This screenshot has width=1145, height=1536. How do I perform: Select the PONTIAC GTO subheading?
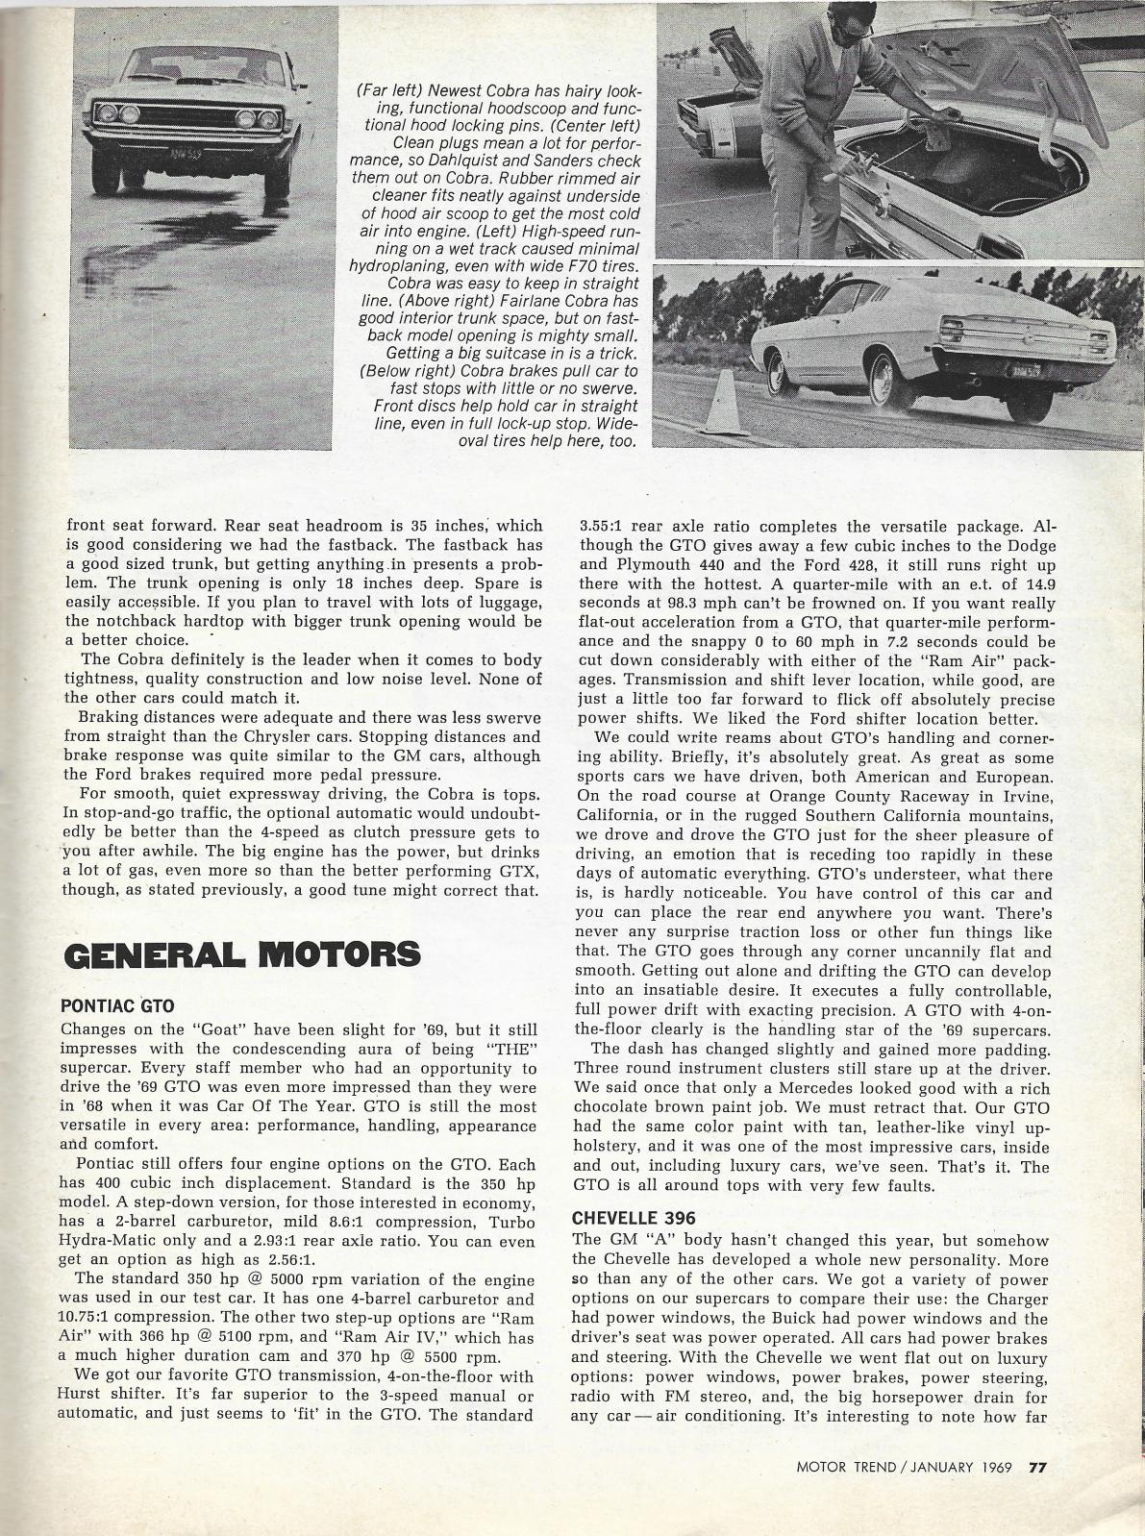pyautogui.click(x=117, y=1006)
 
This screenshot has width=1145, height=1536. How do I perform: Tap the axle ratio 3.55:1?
pyautogui.click(x=603, y=527)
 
